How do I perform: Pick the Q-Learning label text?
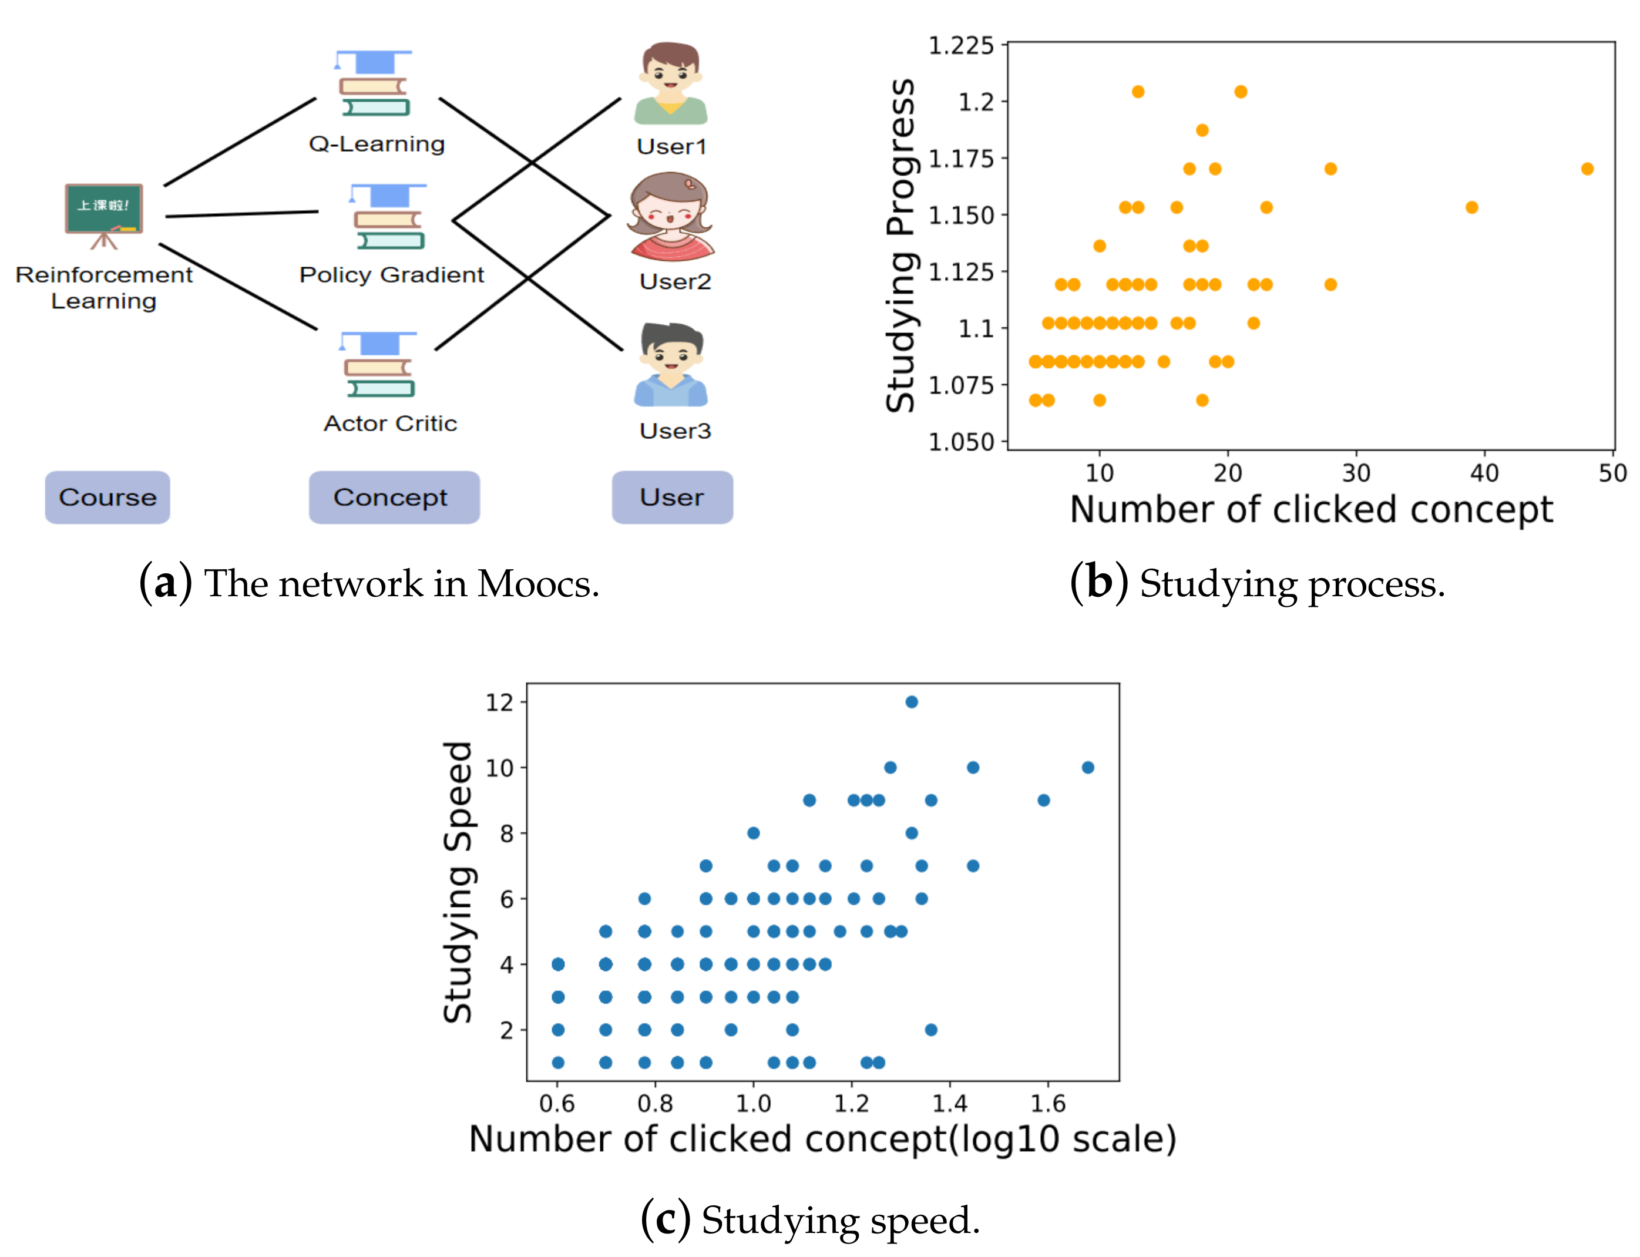click(x=377, y=144)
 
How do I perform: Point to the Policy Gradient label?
click(x=391, y=274)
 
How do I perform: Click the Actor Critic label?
click(x=390, y=424)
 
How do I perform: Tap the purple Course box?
click(x=107, y=498)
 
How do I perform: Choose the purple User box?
click(x=672, y=498)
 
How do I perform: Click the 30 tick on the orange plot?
click(x=1356, y=473)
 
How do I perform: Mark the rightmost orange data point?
click(x=1587, y=169)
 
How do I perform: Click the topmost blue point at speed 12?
click(x=911, y=702)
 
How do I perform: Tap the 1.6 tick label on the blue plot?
click(x=1047, y=1103)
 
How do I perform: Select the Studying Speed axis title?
click(x=458, y=882)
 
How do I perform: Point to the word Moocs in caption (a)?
click(x=537, y=584)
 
